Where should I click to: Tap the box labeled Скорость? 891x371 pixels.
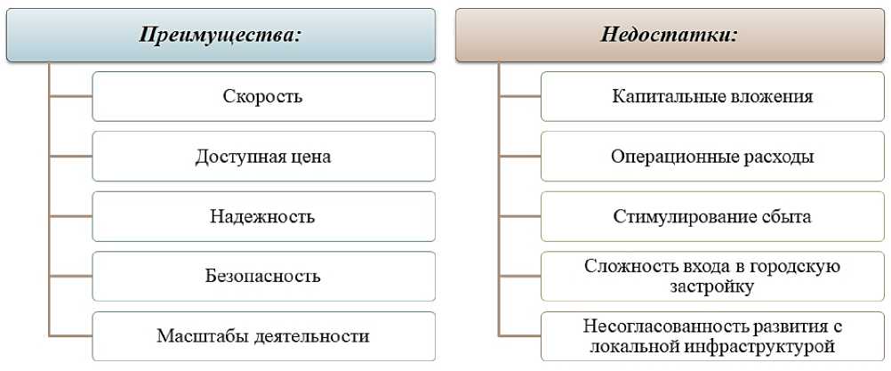(263, 96)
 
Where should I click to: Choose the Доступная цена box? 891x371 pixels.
(263, 157)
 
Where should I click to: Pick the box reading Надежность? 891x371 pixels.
(263, 216)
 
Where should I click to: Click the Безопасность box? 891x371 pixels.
(263, 276)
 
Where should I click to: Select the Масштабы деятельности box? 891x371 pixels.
(263, 336)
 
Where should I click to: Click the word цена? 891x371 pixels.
(312, 157)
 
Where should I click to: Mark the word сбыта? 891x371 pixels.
(785, 217)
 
